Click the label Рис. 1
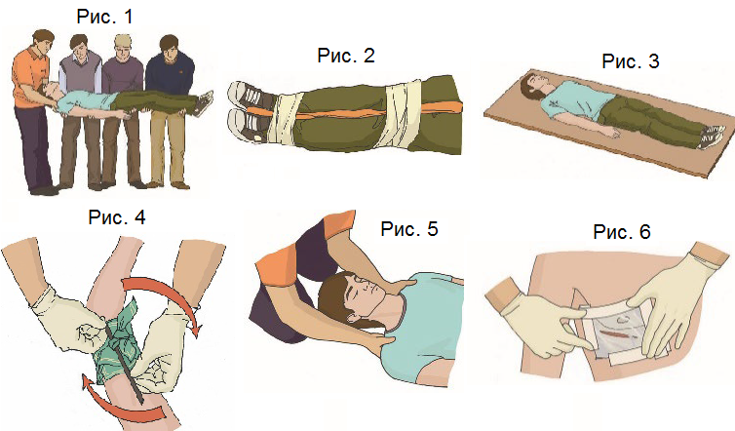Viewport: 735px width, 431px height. (104, 17)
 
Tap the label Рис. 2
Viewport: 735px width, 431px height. (346, 56)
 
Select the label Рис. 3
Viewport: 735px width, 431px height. (631, 61)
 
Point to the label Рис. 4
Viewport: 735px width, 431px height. (117, 217)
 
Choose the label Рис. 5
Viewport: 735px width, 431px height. (409, 229)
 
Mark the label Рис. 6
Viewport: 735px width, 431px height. (622, 232)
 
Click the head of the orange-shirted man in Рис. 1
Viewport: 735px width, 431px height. (43, 43)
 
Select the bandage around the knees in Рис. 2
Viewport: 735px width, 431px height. (400, 114)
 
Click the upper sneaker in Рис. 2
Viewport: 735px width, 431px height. (250, 97)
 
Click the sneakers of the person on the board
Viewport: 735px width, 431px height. (712, 136)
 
